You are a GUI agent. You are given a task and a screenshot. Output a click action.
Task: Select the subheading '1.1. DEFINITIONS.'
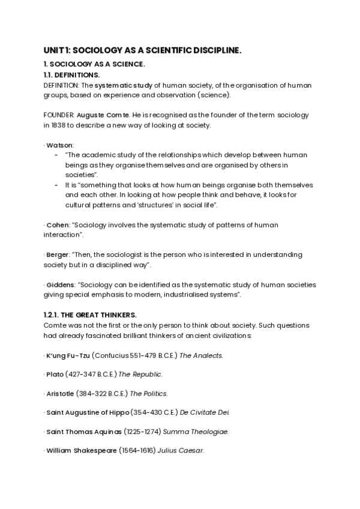(71, 75)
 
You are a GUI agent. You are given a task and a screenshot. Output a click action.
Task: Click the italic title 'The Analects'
(202, 355)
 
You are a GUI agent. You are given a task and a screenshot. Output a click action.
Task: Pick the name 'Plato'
(55, 375)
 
